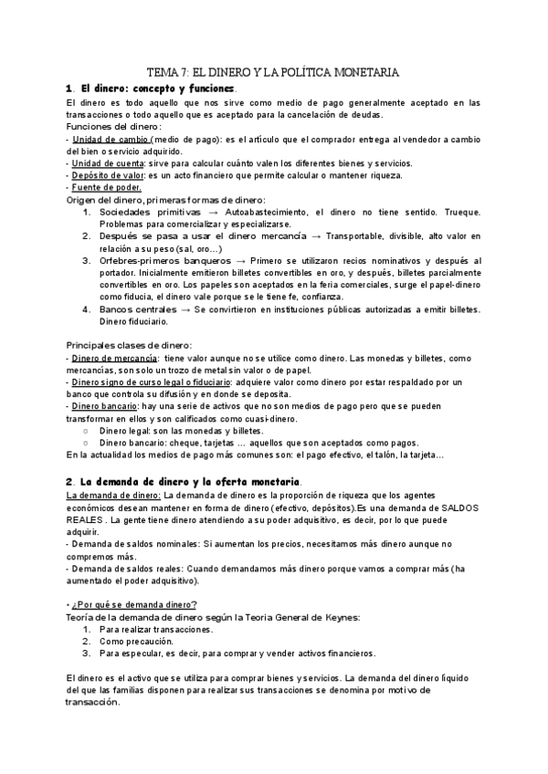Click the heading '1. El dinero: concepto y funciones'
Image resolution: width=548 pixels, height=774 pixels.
click(151, 88)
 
